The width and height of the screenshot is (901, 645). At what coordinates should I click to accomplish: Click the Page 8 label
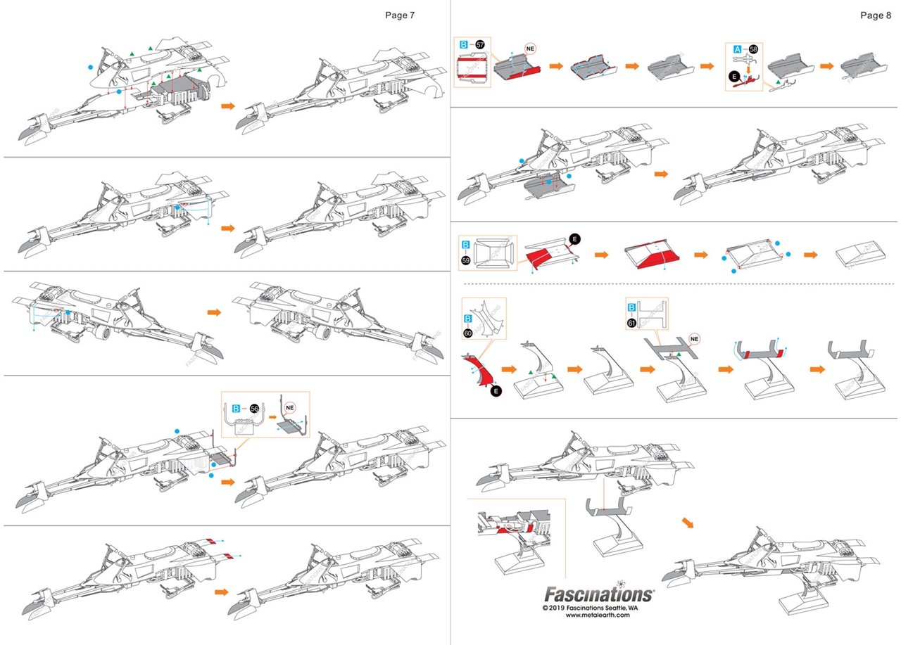(x=876, y=15)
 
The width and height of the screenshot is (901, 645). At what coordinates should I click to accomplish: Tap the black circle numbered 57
(x=480, y=44)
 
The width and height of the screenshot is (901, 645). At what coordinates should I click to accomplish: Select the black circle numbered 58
(x=753, y=49)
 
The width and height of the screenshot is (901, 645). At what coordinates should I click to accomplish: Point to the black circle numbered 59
(x=465, y=260)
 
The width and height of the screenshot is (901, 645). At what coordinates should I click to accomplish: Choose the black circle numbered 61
(x=631, y=323)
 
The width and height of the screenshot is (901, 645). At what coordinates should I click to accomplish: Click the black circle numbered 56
(x=254, y=408)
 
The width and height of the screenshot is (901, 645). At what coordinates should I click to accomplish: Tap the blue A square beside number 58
(x=738, y=49)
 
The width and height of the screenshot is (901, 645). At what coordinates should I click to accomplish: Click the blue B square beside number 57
(x=464, y=44)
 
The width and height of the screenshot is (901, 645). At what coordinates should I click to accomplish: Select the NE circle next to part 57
(x=531, y=49)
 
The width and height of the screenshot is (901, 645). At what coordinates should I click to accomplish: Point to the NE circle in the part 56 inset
(x=289, y=407)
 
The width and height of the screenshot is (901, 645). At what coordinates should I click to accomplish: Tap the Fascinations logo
(x=598, y=595)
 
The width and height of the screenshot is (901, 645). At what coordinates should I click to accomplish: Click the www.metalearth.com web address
(x=596, y=615)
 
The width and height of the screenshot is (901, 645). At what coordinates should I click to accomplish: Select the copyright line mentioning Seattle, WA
(x=590, y=607)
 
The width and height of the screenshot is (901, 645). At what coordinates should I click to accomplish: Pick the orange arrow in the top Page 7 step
(x=227, y=106)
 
